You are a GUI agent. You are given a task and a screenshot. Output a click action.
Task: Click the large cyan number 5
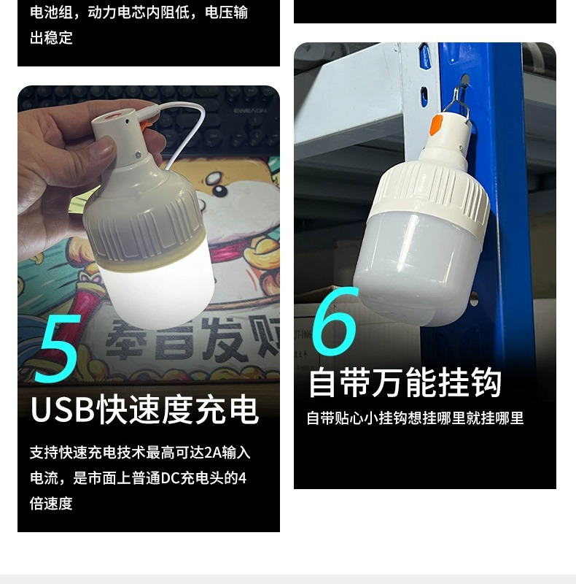click(57, 349)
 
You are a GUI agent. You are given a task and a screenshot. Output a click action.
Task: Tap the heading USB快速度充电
click(144, 410)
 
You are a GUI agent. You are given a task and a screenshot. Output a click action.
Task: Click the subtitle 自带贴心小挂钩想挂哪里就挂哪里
click(415, 418)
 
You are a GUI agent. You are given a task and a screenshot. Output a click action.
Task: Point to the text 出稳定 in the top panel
click(51, 38)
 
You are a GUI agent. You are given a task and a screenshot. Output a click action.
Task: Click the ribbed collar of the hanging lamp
click(430, 191)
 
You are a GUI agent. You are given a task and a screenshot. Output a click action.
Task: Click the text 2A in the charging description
click(211, 453)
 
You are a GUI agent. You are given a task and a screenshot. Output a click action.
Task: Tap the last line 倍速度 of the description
click(51, 504)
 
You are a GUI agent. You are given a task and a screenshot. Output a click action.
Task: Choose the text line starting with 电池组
click(139, 12)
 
